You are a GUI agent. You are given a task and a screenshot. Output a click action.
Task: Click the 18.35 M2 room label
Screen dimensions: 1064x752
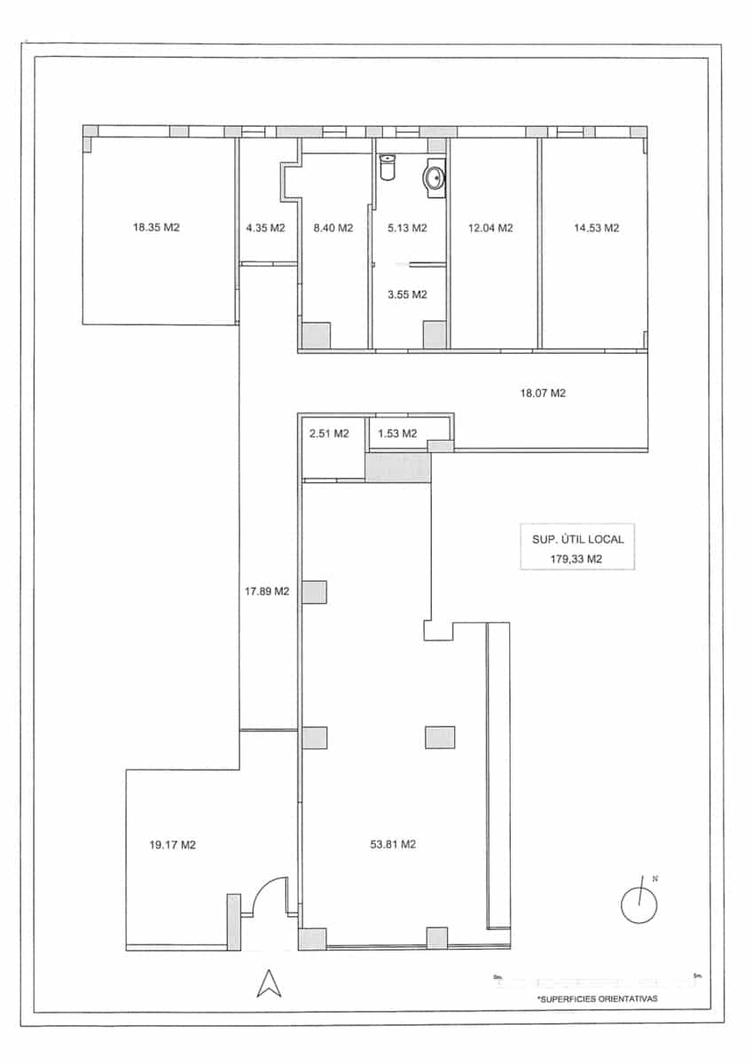pos(156,228)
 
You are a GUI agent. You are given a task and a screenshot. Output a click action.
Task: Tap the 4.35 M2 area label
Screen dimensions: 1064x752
pos(265,228)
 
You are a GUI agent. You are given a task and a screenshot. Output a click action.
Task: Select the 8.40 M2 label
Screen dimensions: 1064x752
pos(333,228)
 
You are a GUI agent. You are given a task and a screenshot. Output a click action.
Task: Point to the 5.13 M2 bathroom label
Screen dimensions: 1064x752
pos(407,228)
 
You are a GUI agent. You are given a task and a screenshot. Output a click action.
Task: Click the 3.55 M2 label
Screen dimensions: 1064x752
pos(407,294)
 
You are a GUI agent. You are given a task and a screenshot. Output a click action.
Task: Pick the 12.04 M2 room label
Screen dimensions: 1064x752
pos(490,228)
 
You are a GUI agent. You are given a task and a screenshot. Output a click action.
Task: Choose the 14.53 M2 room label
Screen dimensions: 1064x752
pos(596,228)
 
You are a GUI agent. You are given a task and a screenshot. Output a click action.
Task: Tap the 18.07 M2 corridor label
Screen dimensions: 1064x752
pos(542,393)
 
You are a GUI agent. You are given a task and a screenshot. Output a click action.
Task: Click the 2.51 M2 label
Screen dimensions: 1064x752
pos(328,434)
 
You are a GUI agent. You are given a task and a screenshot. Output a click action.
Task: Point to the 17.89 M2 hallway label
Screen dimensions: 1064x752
pos(267,591)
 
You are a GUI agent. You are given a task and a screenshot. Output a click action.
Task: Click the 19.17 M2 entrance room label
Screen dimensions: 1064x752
pos(173,845)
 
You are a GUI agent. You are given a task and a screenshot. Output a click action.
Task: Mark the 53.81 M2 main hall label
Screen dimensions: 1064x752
pos(393,845)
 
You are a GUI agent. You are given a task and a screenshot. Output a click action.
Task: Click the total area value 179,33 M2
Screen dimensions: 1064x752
pos(577,559)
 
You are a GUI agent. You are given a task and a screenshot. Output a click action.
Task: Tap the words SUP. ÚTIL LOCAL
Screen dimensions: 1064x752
pos(577,538)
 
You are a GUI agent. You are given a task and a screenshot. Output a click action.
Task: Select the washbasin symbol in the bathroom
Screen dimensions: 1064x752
pos(435,176)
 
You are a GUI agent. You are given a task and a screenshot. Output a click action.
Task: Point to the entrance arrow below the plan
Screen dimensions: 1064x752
pos(269,982)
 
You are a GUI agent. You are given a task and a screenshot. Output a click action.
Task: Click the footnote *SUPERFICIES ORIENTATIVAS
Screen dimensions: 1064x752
pos(597,998)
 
